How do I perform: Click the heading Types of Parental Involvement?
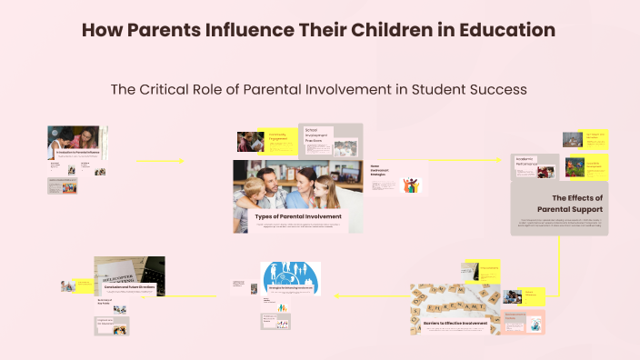298,216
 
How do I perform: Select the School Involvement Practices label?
317,137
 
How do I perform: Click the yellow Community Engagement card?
279,138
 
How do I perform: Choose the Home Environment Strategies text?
380,172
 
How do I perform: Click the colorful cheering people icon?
412,185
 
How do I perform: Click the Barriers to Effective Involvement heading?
455,323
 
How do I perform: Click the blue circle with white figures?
290,278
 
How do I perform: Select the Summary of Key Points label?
105,301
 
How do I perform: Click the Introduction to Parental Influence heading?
77,153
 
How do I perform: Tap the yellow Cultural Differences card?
535,294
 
